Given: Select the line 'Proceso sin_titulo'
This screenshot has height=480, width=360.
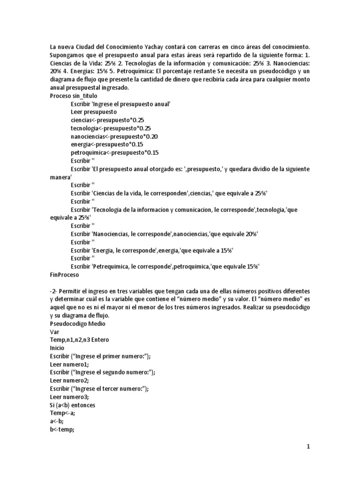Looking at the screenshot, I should [x=74, y=96].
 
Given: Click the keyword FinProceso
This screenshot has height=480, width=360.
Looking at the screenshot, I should [x=65, y=274].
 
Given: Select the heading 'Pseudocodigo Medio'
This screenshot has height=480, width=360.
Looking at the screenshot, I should [x=78, y=323].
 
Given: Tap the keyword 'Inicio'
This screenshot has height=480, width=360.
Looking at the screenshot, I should [x=58, y=348].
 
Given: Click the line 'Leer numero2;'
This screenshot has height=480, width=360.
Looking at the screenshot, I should [x=69, y=380].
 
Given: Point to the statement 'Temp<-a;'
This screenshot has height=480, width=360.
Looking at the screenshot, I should [x=62, y=412].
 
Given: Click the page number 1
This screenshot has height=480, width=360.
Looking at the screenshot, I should [x=308, y=447].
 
